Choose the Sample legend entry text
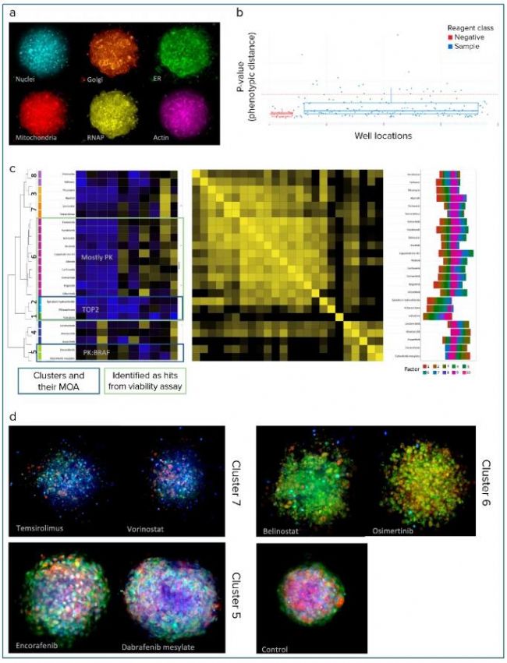[x=463, y=46]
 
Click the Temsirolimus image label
[x=41, y=527]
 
